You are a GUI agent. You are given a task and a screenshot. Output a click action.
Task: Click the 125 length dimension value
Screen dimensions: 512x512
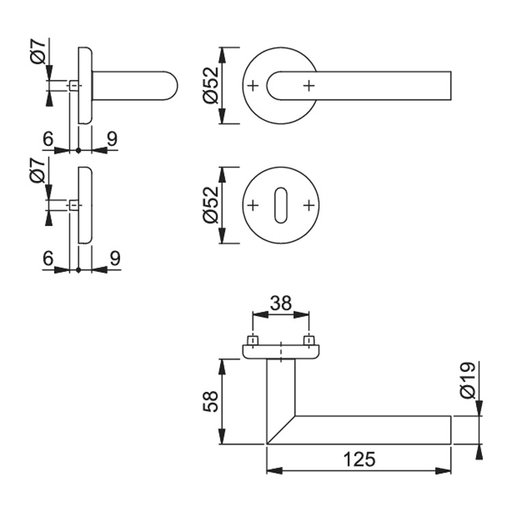[x=360, y=459]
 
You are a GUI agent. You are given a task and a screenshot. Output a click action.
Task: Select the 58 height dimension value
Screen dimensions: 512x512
[x=211, y=401]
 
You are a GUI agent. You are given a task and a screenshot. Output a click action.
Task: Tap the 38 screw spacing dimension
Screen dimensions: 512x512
[x=281, y=303]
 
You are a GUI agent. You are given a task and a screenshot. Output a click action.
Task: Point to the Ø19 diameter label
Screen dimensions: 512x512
[x=468, y=380]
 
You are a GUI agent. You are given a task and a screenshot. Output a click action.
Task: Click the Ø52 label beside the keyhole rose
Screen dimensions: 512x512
[x=211, y=205]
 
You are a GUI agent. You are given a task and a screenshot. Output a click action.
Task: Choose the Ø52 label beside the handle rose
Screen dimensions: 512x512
[x=211, y=85]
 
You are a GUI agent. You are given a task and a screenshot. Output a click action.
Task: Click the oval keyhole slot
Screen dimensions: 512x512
[x=281, y=205]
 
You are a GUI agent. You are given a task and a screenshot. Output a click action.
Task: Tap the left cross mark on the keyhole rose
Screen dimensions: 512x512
[x=253, y=205]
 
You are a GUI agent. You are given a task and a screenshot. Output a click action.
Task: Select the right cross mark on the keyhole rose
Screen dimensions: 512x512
[x=309, y=205]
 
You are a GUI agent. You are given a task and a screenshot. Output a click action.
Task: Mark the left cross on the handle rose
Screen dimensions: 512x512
[x=253, y=86]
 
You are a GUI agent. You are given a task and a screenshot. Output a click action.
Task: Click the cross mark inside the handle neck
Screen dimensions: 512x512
[x=309, y=86]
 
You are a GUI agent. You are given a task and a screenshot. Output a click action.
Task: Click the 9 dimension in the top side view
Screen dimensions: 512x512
[x=112, y=139]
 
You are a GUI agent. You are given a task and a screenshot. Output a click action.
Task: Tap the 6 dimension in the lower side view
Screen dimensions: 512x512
[x=48, y=259]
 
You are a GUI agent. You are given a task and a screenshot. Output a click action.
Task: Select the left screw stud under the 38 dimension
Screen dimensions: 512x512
[x=253, y=340]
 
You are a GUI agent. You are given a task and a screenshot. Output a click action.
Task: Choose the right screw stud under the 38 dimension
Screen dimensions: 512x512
[x=309, y=340]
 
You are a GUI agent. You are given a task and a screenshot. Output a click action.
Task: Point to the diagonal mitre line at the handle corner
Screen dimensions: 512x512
[x=281, y=430]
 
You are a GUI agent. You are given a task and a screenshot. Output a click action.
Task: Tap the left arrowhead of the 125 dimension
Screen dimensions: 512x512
[x=274, y=471]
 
